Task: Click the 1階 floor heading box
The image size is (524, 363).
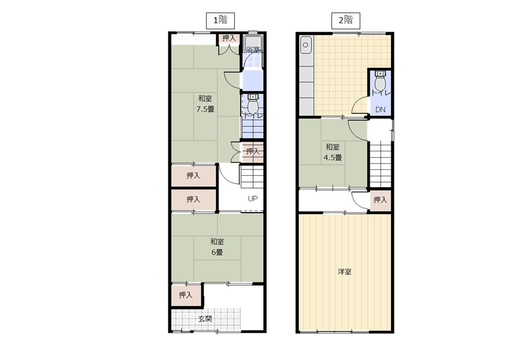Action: [x=220, y=21]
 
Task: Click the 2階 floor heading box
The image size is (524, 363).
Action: [x=346, y=21]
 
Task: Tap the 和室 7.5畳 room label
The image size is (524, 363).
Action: [x=205, y=104]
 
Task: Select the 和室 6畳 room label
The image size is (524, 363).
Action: [x=217, y=247]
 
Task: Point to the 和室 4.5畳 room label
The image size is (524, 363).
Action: [x=333, y=152]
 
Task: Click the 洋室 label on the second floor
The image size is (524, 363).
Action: [x=345, y=272]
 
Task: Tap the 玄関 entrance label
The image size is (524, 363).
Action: [x=205, y=319]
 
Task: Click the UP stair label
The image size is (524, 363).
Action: [x=252, y=199]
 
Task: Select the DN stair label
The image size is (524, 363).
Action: [x=380, y=109]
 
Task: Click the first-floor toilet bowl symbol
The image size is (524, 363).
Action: [x=253, y=105]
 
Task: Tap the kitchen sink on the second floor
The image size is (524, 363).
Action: [x=305, y=45]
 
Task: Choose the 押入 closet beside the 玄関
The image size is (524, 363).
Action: [x=186, y=295]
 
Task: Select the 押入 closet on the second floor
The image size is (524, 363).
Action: [x=380, y=200]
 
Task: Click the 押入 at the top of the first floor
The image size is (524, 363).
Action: [x=229, y=38]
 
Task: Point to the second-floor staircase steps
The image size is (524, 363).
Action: [x=380, y=164]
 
